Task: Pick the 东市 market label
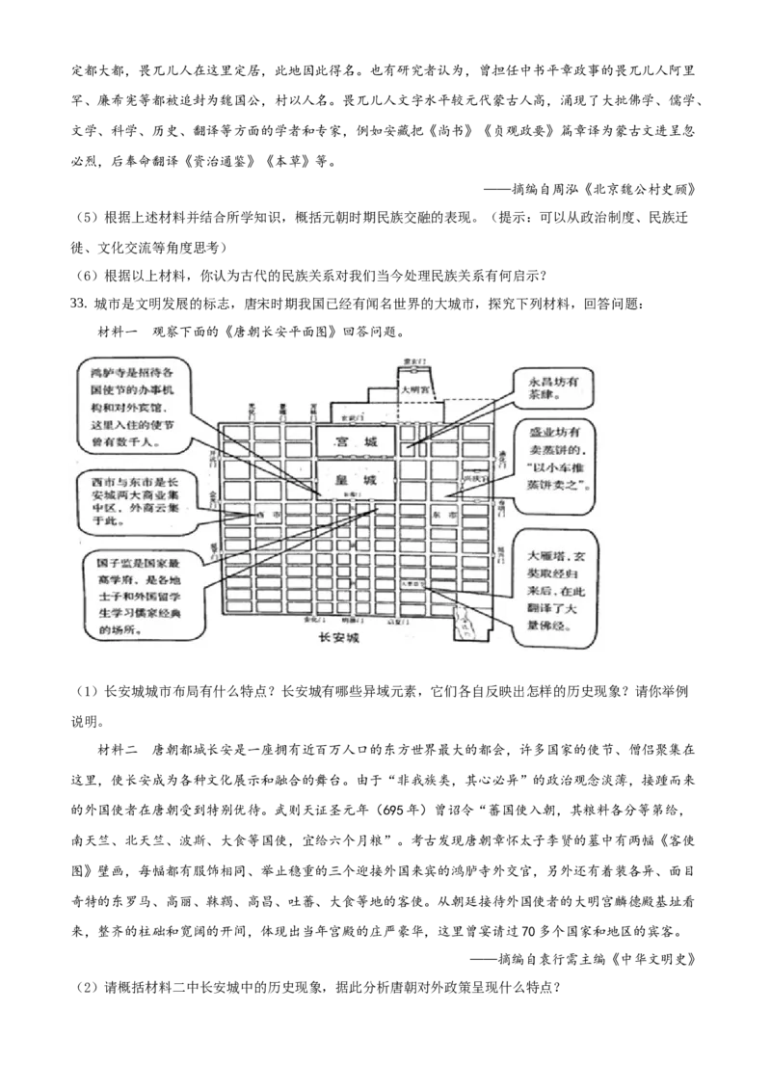coord(445,516)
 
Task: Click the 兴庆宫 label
coord(472,478)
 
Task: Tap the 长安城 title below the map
coord(338,639)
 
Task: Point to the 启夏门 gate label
coord(394,621)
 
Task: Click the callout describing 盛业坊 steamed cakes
coord(560,458)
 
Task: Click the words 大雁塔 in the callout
coord(545,557)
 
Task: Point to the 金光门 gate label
coord(213,495)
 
